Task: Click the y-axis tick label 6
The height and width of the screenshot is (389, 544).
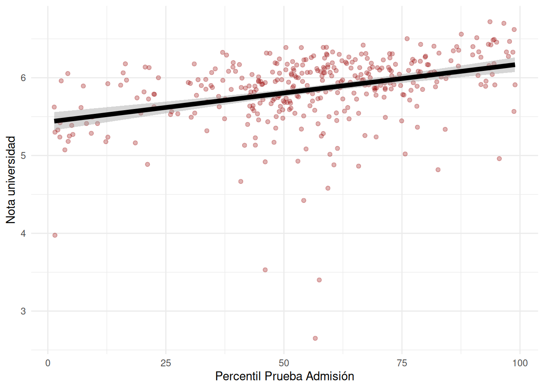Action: click(23, 78)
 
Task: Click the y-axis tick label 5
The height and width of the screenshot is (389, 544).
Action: click(23, 156)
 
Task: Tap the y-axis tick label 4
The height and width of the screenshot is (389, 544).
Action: click(23, 233)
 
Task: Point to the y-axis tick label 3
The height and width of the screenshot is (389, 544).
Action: click(23, 311)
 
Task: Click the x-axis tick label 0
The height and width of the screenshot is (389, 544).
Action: click(48, 363)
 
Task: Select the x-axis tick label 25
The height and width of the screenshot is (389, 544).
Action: click(166, 363)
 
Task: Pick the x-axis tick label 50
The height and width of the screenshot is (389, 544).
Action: click(284, 363)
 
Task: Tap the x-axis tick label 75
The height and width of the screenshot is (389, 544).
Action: click(402, 363)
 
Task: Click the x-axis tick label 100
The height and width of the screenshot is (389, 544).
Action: click(520, 363)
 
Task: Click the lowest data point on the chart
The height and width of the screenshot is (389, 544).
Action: click(315, 338)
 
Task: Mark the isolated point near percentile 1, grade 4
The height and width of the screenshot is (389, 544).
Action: click(55, 235)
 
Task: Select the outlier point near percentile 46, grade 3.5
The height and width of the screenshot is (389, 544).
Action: click(265, 270)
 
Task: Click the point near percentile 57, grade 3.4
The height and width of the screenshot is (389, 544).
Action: click(319, 280)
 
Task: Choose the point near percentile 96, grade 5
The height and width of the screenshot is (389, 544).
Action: click(499, 159)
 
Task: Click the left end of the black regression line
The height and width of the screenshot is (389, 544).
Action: click(55, 121)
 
